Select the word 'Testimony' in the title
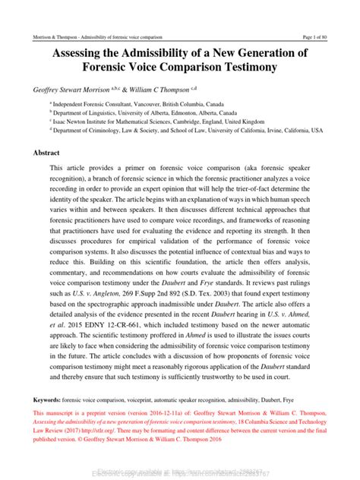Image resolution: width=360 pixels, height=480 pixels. tap(242, 67)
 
